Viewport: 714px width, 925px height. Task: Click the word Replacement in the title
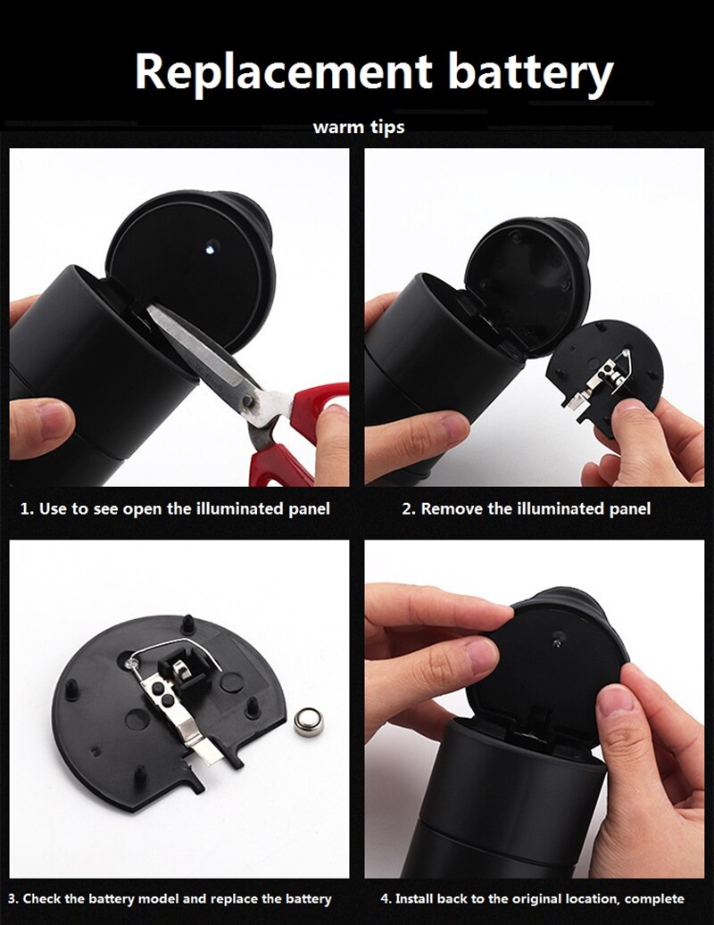(284, 71)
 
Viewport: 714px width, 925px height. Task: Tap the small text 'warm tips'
(358, 127)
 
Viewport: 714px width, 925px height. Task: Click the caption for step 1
(175, 509)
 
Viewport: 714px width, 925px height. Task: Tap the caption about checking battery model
(170, 898)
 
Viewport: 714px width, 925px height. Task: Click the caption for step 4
(532, 898)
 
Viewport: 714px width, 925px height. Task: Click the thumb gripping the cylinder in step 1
(40, 419)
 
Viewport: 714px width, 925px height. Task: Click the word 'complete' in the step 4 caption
(654, 898)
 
